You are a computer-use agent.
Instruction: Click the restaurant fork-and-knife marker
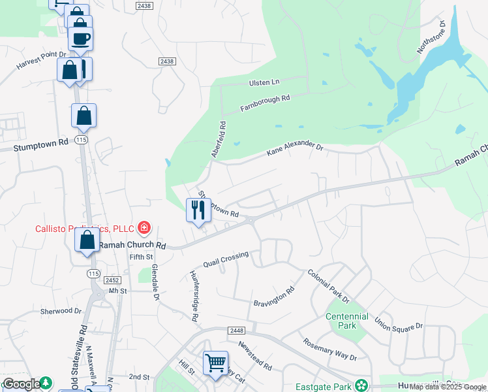click(199, 210)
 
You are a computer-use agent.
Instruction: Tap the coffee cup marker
click(80, 39)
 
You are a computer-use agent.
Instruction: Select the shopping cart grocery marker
click(215, 363)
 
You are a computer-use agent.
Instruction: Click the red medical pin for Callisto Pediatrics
click(144, 228)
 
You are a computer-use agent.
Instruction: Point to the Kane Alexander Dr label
click(295, 149)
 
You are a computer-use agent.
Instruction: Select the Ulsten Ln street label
click(264, 82)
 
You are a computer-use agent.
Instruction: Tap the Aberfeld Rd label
click(218, 139)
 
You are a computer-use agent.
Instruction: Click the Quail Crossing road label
click(226, 260)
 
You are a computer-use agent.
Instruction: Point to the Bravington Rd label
click(275, 297)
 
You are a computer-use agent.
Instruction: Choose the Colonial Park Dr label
click(329, 287)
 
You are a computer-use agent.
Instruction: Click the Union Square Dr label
click(399, 323)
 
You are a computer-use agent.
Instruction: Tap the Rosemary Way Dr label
click(329, 349)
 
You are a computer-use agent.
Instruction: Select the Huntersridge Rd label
click(194, 295)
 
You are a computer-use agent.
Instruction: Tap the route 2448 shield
click(236, 331)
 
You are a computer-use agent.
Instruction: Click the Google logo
click(22, 384)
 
